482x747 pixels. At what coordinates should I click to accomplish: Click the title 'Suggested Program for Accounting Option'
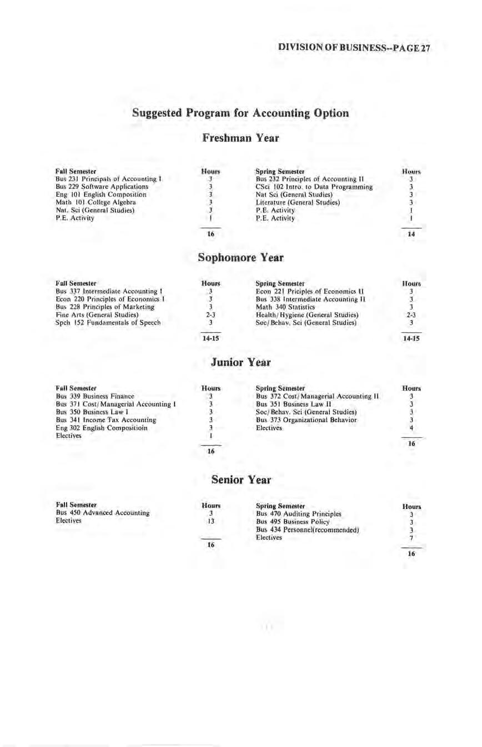point(240,113)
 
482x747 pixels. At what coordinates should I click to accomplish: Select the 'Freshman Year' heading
point(240,137)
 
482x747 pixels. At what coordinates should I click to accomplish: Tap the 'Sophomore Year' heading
point(240,258)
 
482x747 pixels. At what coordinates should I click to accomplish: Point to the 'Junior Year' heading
point(240,362)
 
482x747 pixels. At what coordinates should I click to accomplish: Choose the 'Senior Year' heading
point(240,479)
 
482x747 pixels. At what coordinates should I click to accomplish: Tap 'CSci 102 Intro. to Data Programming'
point(314,187)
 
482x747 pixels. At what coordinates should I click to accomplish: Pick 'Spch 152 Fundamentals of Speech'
point(108,322)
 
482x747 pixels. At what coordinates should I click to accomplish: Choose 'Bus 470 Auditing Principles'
point(298,514)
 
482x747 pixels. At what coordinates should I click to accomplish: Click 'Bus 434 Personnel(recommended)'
point(308,530)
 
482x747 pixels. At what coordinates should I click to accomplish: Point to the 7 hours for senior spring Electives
point(411,538)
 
